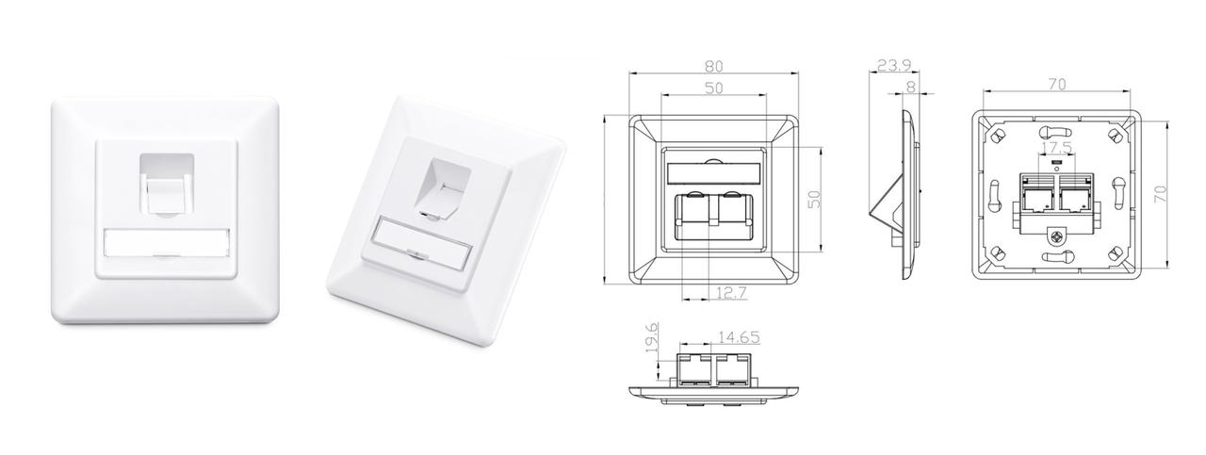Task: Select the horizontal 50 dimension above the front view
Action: pos(713,88)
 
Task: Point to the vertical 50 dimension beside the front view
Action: pos(816,199)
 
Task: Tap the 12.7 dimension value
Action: pos(730,293)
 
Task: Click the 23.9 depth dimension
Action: pos(892,66)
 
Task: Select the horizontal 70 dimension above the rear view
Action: pos(1056,85)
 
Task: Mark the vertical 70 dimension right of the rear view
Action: pos(1161,194)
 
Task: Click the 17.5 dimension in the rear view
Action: pos(1056,149)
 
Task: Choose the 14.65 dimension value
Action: pos(739,336)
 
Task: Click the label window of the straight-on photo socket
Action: pos(165,243)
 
